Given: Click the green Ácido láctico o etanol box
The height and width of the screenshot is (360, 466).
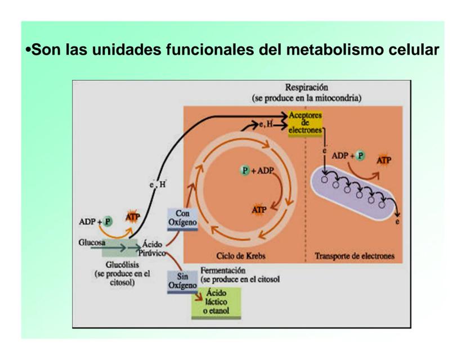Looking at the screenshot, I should [x=217, y=301].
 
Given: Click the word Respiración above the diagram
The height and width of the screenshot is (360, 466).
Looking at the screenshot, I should [x=306, y=88].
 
